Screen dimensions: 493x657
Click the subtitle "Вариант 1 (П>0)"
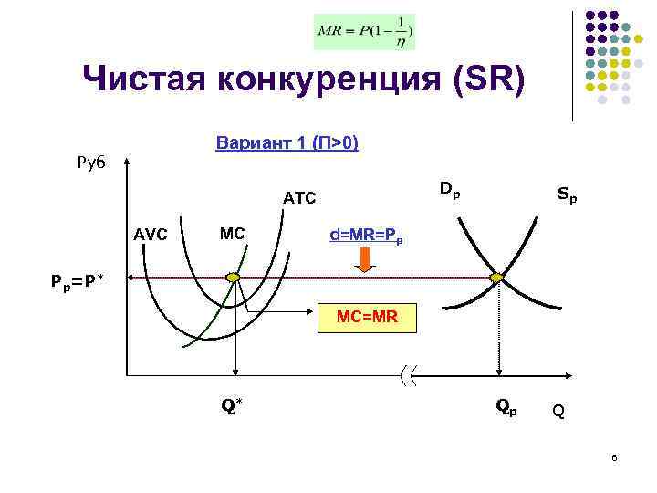(287, 143)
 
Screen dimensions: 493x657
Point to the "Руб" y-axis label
(90, 162)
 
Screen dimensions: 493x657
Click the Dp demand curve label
(449, 191)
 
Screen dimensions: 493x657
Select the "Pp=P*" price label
(78, 280)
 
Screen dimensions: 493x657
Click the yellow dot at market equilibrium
(497, 277)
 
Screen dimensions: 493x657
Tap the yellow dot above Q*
(234, 277)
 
